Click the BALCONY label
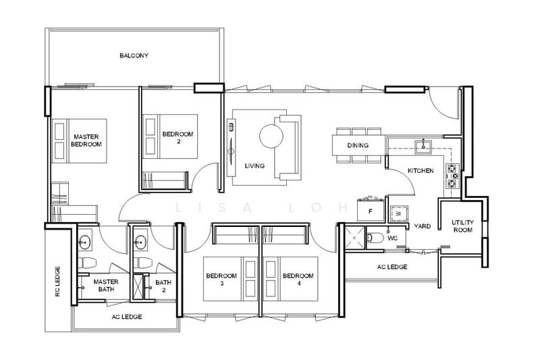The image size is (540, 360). coord(134,55)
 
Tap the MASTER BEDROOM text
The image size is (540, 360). coord(86,140)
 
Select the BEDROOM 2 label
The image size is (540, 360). coord(178,138)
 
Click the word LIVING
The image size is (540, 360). coord(254,165)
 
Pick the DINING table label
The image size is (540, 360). coord(358,146)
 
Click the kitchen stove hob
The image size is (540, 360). coord(452,174)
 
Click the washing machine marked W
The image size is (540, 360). coord(399,212)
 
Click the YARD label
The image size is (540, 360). coord(423,226)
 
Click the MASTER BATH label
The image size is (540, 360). coord(106,285)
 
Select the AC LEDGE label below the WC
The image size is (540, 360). coord(393,267)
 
